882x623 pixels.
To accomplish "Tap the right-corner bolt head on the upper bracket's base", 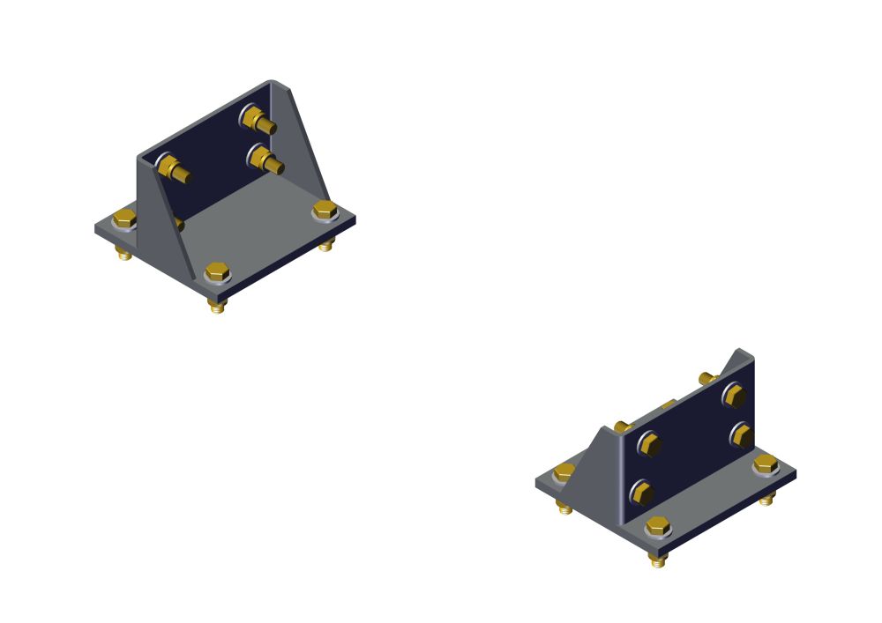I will [x=325, y=211].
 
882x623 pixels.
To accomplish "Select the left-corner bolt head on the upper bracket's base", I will [x=124, y=218].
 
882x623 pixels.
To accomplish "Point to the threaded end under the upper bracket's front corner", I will [x=217, y=306].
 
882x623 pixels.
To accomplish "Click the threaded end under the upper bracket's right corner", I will [x=326, y=244].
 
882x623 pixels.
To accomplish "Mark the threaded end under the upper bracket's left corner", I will [x=124, y=254].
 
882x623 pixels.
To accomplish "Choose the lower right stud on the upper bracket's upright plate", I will [x=264, y=159].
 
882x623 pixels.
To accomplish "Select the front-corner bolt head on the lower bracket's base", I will [x=657, y=526].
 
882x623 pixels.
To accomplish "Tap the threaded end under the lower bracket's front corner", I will [x=658, y=560].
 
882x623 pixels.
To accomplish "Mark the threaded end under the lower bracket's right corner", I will [x=766, y=499].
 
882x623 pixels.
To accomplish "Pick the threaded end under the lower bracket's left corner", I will [x=564, y=508].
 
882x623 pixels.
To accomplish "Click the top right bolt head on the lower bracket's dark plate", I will [x=734, y=396].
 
